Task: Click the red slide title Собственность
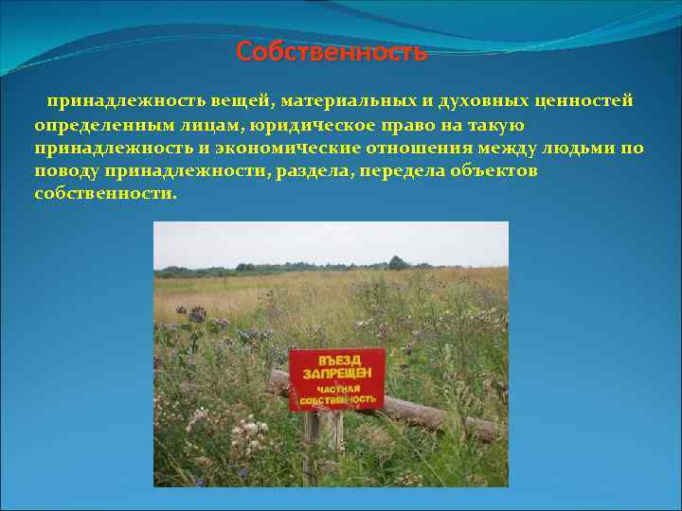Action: [x=332, y=52]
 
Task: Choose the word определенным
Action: [x=96, y=125]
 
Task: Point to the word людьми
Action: [x=576, y=149]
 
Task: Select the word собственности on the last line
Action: [x=104, y=194]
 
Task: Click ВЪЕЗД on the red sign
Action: [x=338, y=361]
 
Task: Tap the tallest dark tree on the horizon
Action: [x=395, y=262]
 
